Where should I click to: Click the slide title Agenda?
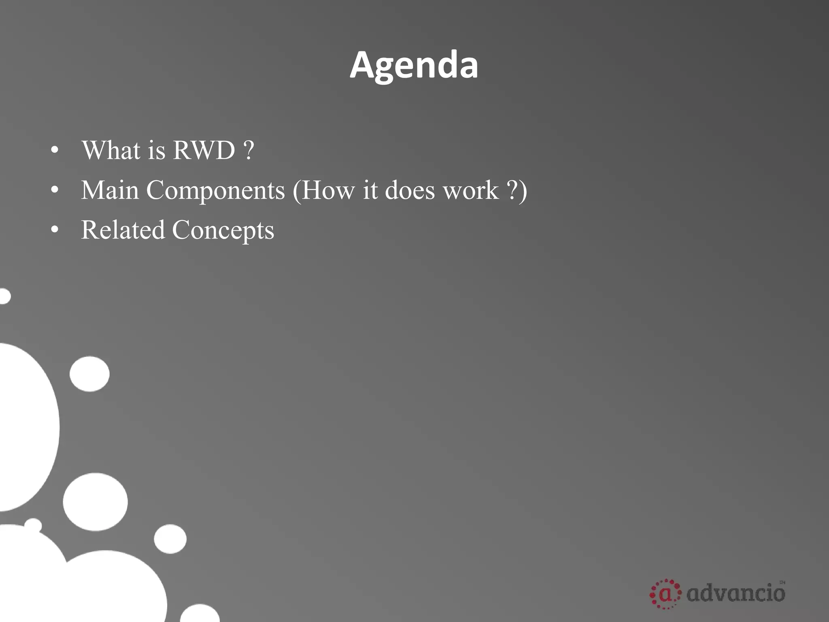[x=414, y=66]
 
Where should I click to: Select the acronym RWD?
[x=204, y=150]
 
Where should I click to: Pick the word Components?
[x=215, y=191]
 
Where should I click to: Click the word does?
[x=410, y=190]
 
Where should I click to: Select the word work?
[x=471, y=190]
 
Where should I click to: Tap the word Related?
[x=123, y=230]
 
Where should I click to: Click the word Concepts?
[x=223, y=230]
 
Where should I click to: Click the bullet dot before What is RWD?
[x=55, y=151]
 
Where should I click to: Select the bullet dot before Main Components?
[x=55, y=191]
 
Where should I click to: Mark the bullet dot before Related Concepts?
[x=55, y=230]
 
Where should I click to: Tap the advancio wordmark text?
[x=736, y=593]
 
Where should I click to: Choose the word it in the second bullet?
[x=370, y=190]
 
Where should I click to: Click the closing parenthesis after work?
[x=523, y=191]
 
